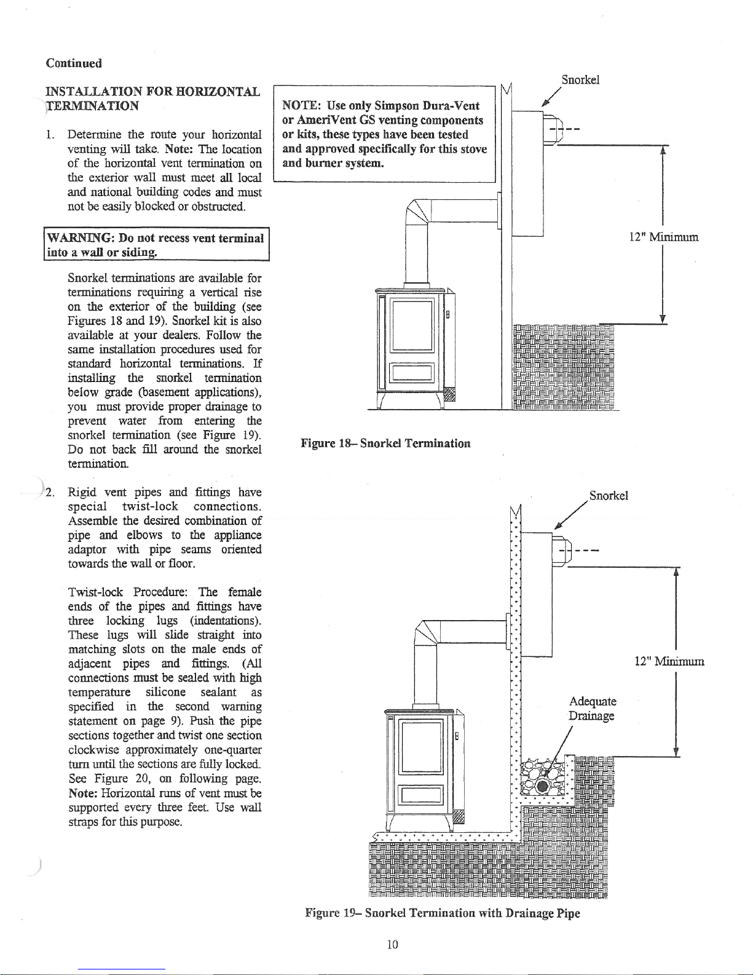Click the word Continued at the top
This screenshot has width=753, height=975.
74,63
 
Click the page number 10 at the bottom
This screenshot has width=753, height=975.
392,944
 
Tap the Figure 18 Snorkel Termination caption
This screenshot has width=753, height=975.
385,444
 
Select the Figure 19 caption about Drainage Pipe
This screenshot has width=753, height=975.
443,913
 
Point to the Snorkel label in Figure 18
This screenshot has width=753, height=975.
580,80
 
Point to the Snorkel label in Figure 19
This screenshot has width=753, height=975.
609,495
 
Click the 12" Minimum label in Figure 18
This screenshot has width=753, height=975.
664,237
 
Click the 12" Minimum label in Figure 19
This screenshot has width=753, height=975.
669,661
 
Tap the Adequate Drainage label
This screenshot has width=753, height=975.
593,709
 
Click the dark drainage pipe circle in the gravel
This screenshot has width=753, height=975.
542,786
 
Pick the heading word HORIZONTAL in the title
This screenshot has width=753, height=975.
218,92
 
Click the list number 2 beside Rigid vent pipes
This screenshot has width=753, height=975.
50,493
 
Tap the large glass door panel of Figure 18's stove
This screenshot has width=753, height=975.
412,326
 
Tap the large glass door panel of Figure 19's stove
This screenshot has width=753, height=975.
422,747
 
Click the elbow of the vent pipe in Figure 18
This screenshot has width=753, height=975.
418,211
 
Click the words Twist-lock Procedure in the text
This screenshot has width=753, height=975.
128,592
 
